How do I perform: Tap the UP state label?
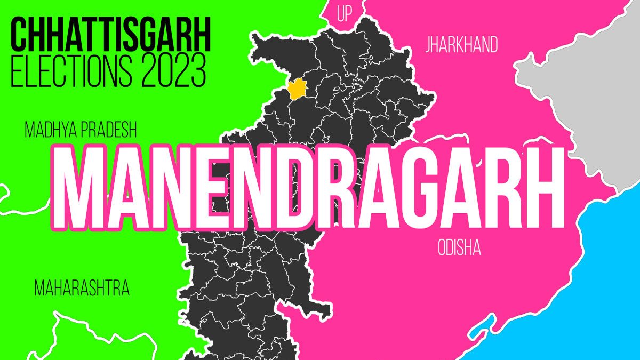(345, 14)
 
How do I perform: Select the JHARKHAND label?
(461, 45)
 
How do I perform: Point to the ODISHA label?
(459, 249)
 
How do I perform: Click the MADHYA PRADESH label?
(81, 130)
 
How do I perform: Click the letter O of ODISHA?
(442, 249)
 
